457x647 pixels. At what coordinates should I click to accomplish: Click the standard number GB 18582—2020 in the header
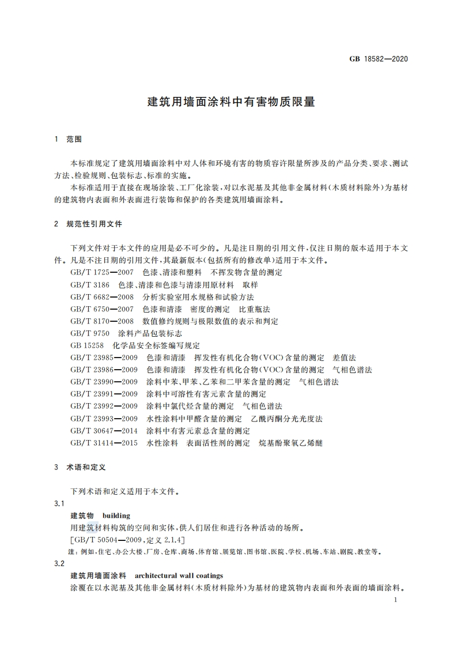point(379,58)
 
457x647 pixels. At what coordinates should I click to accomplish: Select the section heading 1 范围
point(68,139)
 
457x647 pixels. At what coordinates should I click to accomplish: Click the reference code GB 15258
point(87,345)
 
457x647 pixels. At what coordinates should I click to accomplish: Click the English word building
point(116,516)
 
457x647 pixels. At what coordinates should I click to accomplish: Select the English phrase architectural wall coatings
point(179,575)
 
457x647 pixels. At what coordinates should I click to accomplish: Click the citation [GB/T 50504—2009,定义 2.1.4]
point(127,539)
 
